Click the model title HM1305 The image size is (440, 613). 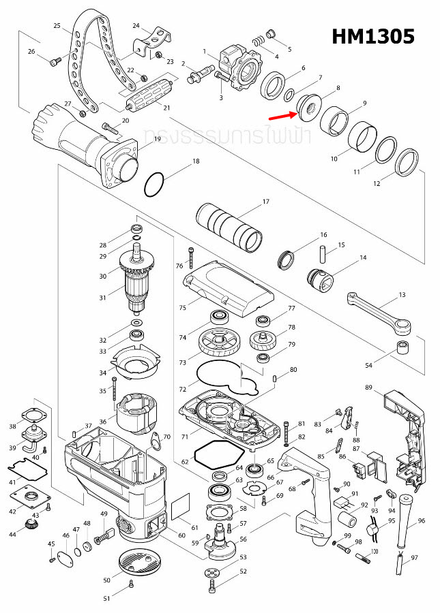tap(373, 36)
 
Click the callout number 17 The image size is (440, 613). tap(266, 202)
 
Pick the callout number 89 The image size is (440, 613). tap(369, 388)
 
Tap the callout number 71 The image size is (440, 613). tap(184, 435)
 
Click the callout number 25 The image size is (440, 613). tap(57, 26)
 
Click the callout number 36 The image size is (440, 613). tap(103, 422)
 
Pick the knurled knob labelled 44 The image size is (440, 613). tap(30, 526)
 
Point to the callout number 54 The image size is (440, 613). tap(369, 366)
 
